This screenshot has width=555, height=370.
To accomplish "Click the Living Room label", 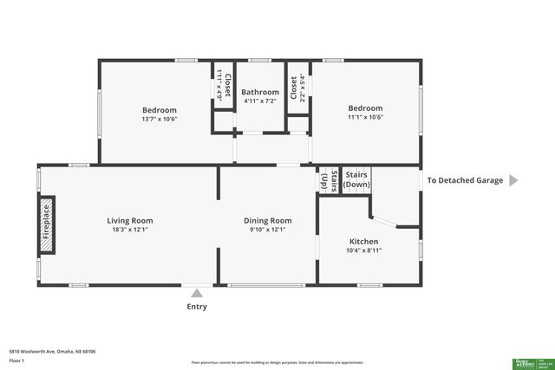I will (x=130, y=220).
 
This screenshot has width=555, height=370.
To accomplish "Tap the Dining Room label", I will (x=267, y=220).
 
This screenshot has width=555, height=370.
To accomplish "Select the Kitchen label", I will (x=363, y=241).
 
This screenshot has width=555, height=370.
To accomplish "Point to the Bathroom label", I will (x=260, y=92).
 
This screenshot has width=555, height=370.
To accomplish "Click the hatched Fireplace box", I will (x=46, y=226).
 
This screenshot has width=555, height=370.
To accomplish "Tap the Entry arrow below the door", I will (x=197, y=293).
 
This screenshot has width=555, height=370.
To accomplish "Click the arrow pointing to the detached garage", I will (x=513, y=180).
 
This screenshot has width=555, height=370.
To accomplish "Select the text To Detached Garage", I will (x=466, y=180).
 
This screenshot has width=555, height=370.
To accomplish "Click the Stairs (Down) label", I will (x=356, y=179).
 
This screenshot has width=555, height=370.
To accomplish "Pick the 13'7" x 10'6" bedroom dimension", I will (x=160, y=120).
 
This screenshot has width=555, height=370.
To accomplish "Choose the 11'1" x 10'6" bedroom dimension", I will (x=365, y=117).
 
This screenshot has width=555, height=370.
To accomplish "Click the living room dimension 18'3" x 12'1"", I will (x=130, y=230).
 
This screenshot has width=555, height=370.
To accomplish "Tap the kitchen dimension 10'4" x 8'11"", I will (x=363, y=250).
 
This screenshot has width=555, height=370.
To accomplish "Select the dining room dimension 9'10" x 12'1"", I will (x=267, y=230).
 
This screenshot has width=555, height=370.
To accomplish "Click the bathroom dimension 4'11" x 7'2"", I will (x=260, y=102).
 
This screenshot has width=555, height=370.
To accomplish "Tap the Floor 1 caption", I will (x=16, y=359).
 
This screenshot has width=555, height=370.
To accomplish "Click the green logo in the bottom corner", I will (x=530, y=362).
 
